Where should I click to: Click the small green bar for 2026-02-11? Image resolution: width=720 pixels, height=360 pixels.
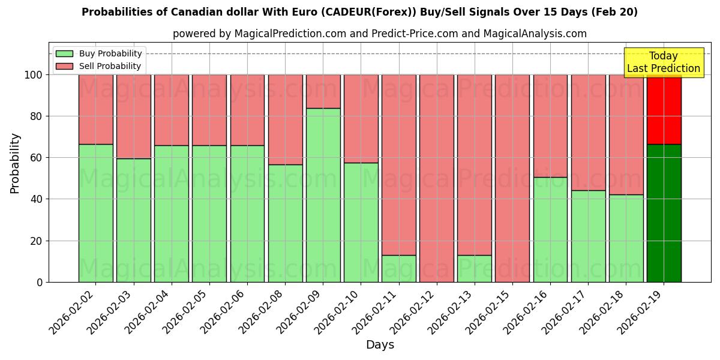point(399,268)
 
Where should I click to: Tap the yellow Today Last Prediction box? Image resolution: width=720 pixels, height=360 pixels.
point(664,62)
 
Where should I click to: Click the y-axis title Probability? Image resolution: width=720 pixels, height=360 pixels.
point(15,163)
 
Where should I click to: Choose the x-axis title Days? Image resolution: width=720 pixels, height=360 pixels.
point(380,345)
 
